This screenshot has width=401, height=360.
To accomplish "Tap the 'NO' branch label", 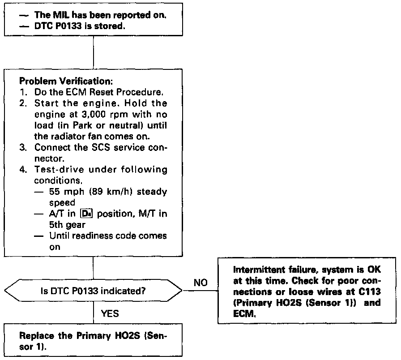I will click(201, 283).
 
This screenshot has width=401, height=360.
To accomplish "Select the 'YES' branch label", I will click(110, 313).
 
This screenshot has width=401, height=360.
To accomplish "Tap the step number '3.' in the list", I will click(24, 149).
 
